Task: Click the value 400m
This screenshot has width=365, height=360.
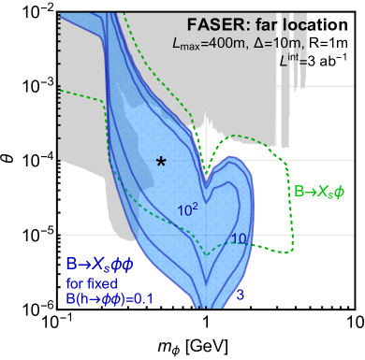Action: pos(224,44)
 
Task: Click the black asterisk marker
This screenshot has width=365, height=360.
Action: pos(161,163)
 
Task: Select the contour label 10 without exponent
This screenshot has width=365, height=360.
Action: pos(238,239)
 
